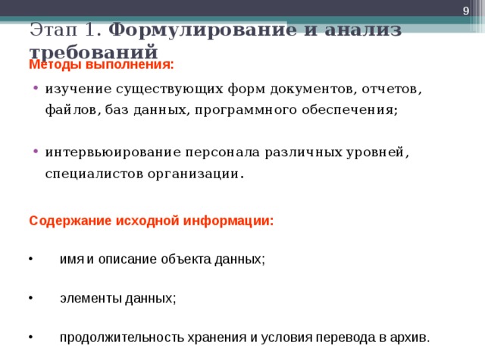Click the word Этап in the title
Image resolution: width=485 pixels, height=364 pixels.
pyautogui.click(x=52, y=31)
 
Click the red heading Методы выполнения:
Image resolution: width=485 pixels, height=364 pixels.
pyautogui.click(x=102, y=65)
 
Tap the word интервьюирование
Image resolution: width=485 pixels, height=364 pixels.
pyautogui.click(x=118, y=152)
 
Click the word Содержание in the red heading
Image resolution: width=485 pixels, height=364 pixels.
pyautogui.click(x=70, y=221)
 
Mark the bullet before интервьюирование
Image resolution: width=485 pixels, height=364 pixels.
pyautogui.click(x=36, y=152)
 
